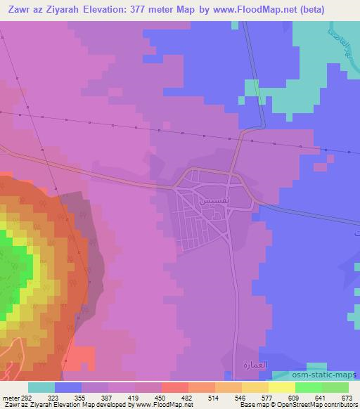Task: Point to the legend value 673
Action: pyautogui.click(x=347, y=398)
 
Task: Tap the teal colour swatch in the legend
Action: pyautogui.click(x=41, y=387)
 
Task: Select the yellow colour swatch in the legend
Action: pyautogui.click(x=282, y=387)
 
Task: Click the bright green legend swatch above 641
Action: pyautogui.click(x=309, y=387)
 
